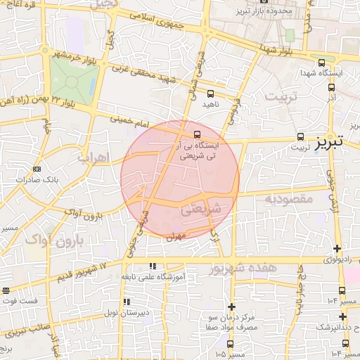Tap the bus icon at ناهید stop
click(x=210, y=94)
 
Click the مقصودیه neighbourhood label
click(x=288, y=200)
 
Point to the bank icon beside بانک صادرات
click(x=37, y=169)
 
